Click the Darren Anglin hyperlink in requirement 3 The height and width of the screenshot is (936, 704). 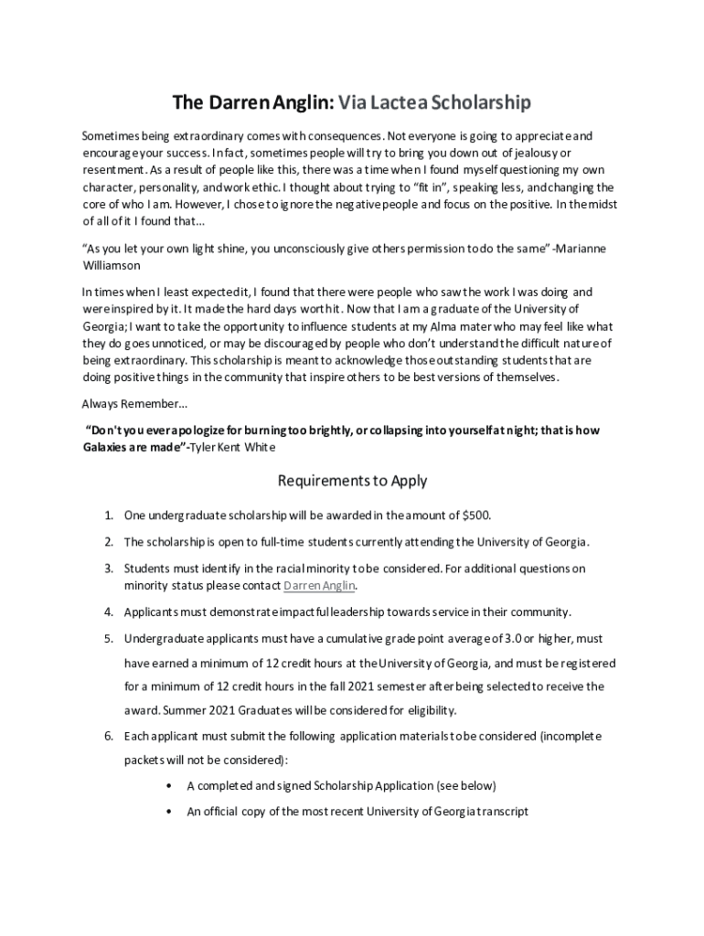click(319, 586)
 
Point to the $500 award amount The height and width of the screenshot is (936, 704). click(476, 515)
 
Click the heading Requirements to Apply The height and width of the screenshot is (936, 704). click(352, 481)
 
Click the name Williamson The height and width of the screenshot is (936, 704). click(111, 265)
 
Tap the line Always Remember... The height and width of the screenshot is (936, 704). click(122, 403)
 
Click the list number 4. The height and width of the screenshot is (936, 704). click(108, 612)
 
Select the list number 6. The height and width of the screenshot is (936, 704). click(108, 736)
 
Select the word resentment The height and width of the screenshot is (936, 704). click(112, 170)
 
